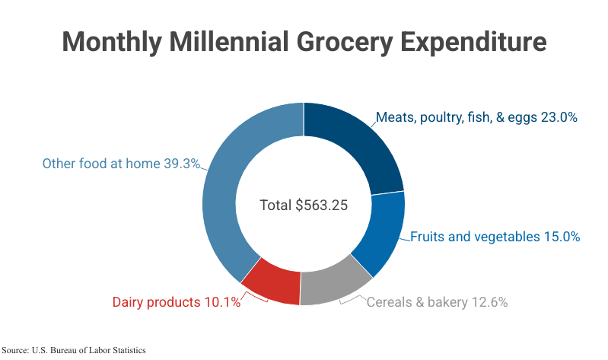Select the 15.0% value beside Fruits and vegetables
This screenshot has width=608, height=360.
[x=562, y=237]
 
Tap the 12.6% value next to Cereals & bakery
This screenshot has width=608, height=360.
[x=489, y=302]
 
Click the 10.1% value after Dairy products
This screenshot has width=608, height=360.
[x=222, y=302]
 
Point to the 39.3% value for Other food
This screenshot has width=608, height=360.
[x=182, y=164]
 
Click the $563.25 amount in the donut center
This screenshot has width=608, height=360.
[x=322, y=205]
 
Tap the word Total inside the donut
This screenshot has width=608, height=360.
[x=275, y=205]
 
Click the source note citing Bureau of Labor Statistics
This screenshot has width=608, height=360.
[x=73, y=350]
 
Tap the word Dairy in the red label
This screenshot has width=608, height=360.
[x=129, y=302]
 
